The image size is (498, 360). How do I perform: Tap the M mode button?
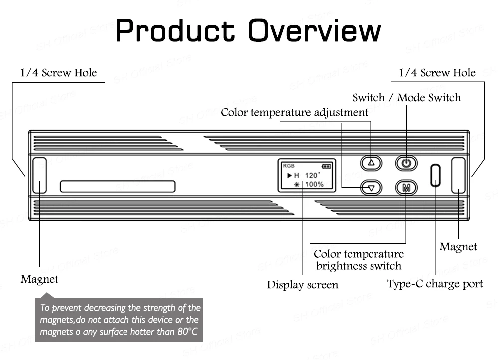point(406,188)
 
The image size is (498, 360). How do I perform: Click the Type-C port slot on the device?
point(435,175)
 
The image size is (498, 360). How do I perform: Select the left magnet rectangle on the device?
point(39,175)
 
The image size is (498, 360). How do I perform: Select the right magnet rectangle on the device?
point(458,175)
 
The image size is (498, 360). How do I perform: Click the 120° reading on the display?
point(313,175)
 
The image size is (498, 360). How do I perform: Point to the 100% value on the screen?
point(314,184)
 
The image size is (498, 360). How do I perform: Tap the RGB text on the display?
point(288,166)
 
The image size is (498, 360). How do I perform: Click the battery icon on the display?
point(326,166)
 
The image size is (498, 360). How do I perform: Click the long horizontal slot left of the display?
point(118,186)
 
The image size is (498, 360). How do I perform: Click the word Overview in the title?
point(315,31)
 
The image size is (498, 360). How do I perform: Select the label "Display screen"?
point(302,285)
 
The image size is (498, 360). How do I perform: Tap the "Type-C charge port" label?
point(435,284)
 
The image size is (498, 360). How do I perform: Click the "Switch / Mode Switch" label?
point(406,97)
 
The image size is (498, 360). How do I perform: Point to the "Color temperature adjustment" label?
point(294,112)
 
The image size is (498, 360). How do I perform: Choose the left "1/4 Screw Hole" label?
point(59,73)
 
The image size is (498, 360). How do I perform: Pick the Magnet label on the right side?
point(458,247)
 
